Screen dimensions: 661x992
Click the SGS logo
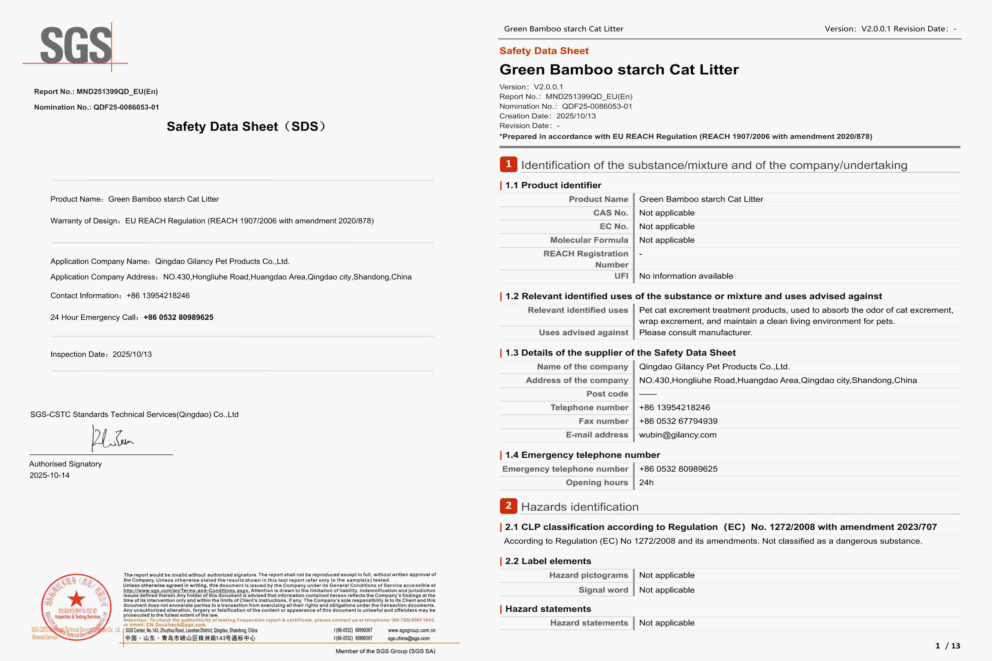click(76, 46)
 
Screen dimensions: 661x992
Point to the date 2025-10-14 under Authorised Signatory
click(49, 475)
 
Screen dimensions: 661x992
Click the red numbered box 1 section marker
click(508, 164)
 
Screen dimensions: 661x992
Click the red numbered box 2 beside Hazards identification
click(508, 506)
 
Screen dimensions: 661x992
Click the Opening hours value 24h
click(646, 483)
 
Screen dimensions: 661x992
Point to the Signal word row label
click(603, 590)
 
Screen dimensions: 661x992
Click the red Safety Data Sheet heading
click(544, 51)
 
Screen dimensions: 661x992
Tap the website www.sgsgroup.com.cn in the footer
click(411, 630)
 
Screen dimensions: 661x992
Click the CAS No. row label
click(610, 213)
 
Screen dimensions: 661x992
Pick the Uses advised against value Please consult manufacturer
click(696, 333)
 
